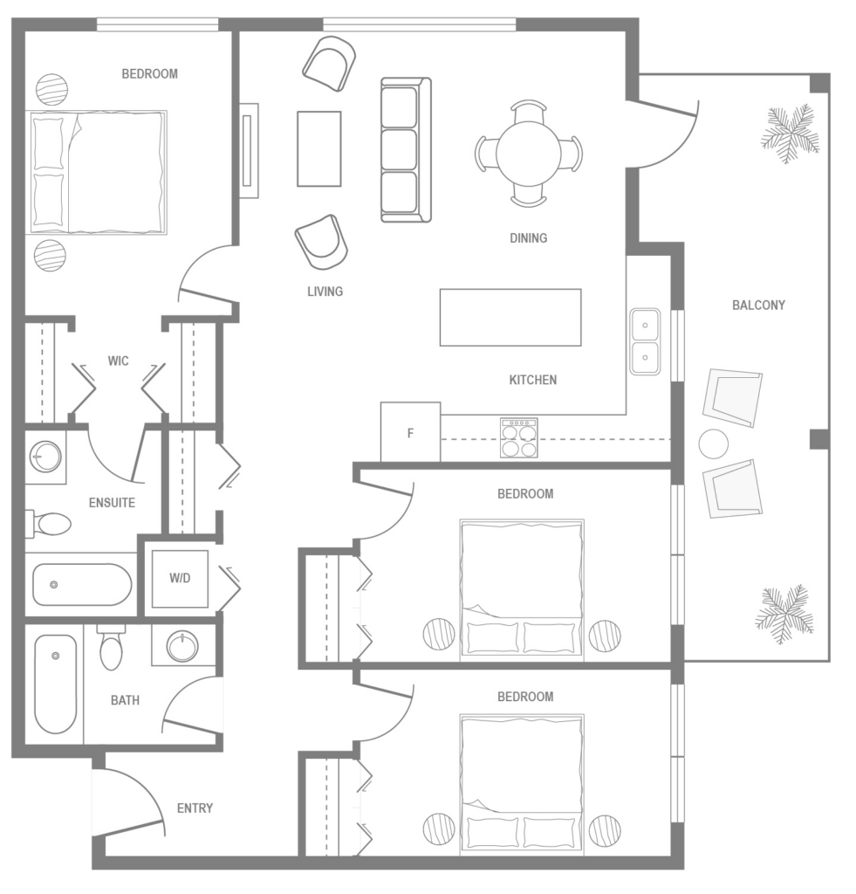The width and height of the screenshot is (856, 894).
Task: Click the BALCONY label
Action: (x=758, y=306)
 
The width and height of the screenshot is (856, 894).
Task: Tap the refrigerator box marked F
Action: (x=410, y=432)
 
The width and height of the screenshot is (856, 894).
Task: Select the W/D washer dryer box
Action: (x=180, y=579)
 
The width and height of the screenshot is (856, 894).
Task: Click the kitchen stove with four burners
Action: (x=518, y=437)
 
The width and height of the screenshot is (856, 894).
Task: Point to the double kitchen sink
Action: (x=645, y=341)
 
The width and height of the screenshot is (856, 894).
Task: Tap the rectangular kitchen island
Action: (x=510, y=318)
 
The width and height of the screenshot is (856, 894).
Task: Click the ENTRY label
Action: (x=195, y=808)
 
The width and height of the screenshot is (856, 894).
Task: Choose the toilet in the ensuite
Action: (x=51, y=524)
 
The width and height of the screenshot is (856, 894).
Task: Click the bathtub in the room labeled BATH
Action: (x=55, y=684)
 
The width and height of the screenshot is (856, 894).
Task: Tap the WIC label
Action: (x=119, y=361)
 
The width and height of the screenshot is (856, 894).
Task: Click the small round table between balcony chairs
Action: (x=713, y=444)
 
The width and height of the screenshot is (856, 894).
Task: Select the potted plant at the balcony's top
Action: (x=789, y=134)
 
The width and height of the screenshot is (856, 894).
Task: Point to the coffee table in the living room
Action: (x=318, y=148)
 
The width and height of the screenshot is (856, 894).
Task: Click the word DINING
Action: (x=528, y=237)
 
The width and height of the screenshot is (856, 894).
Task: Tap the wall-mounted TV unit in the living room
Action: (x=250, y=150)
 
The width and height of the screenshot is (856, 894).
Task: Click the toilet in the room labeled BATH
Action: (x=112, y=647)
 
